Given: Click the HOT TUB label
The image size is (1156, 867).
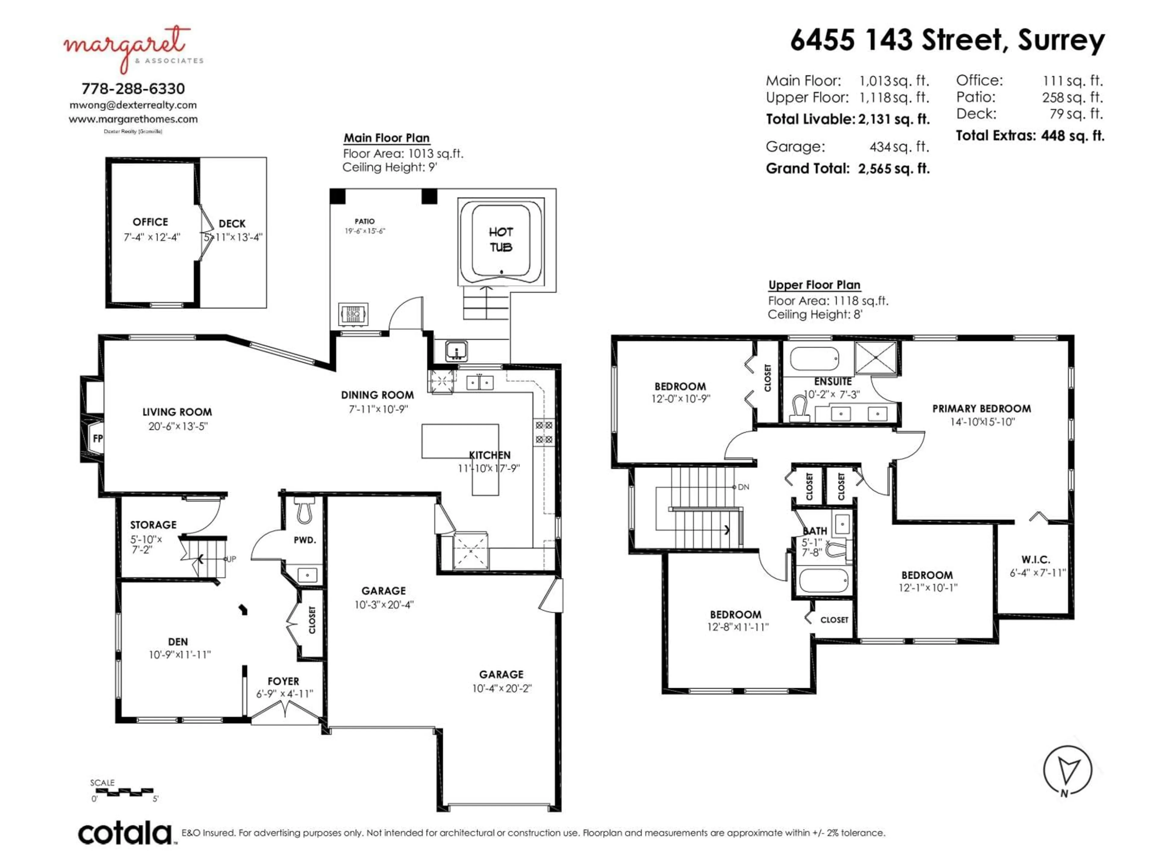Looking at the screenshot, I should pos(501,239).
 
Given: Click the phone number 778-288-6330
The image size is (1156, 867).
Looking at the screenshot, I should pos(133,88).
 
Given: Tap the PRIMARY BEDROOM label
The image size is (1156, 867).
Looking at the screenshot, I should pos(981,409).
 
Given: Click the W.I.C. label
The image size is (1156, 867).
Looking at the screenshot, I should pos(1036,560).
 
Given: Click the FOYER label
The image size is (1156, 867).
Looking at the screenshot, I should pos(283,682).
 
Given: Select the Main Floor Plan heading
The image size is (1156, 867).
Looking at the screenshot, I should pos(387,138).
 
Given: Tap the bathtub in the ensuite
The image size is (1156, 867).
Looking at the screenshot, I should pos(814,359).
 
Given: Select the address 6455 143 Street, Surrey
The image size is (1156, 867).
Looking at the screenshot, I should pos(947,40).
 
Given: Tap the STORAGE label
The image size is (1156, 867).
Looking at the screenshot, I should pos(153,525).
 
